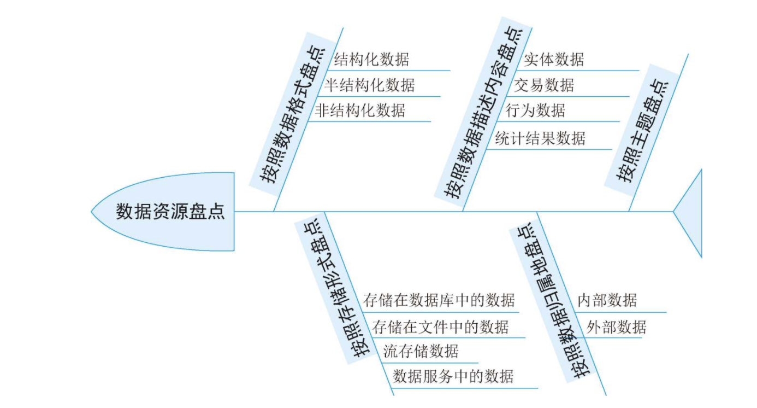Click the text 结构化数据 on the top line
[x=371, y=59]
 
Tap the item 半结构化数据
[x=369, y=85]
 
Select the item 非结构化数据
[x=360, y=110]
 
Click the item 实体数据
[x=553, y=59]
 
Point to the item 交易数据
[x=544, y=85]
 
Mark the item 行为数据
[x=535, y=110]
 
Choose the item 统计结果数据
[x=540, y=138]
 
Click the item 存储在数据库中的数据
[x=439, y=300]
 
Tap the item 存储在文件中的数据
[x=440, y=327]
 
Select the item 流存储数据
[x=421, y=351]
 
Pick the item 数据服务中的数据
[x=453, y=376]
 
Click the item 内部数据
[x=607, y=300]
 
